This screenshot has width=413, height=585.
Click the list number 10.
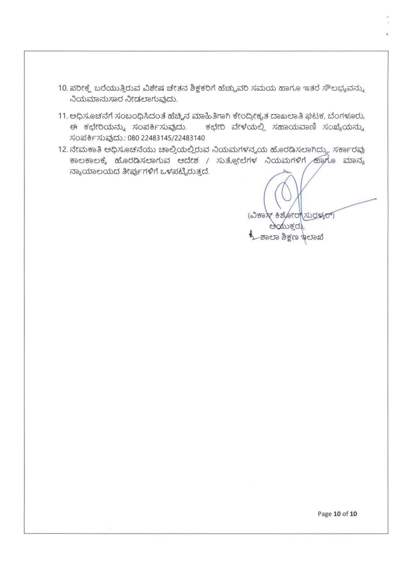click(x=62, y=88)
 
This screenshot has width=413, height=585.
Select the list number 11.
click(x=62, y=116)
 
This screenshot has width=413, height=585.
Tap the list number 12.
click(x=62, y=150)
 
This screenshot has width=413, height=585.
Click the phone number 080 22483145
click(x=152, y=138)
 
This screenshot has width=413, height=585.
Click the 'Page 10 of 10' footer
click(x=337, y=514)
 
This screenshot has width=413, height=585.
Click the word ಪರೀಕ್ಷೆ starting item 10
click(x=79, y=88)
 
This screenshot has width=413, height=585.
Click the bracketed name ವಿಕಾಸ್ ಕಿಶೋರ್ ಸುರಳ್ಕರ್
click(x=291, y=215)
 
